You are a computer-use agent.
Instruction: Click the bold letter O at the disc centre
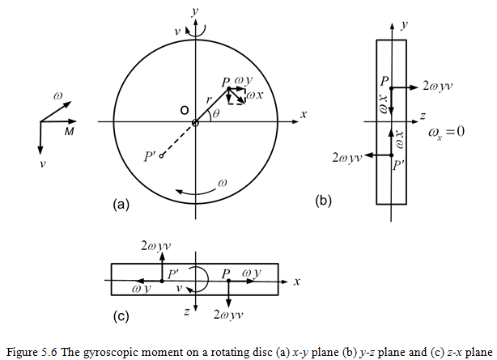185,109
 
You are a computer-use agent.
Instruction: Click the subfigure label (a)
121,205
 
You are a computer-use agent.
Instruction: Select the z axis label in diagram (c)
186,311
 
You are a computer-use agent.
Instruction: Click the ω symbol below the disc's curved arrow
224,183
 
